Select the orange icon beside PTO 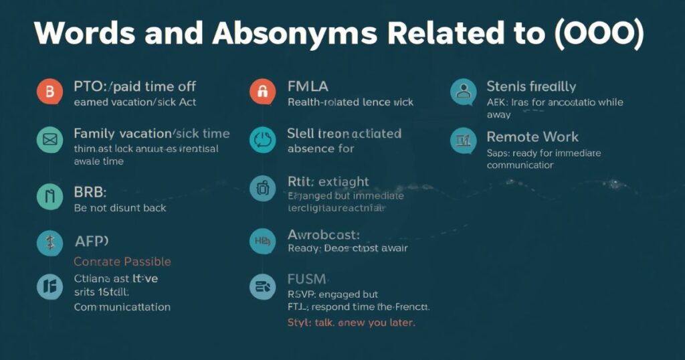48,93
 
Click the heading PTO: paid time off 134,86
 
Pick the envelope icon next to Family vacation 48,140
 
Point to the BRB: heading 90,193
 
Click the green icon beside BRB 48,197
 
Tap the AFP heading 91,242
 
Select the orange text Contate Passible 122,262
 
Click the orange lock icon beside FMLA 262,92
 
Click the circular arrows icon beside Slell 262,140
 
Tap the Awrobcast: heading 324,234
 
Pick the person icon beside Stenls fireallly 464,92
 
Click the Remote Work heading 532,137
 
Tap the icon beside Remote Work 464,141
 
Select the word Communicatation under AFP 122,307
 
